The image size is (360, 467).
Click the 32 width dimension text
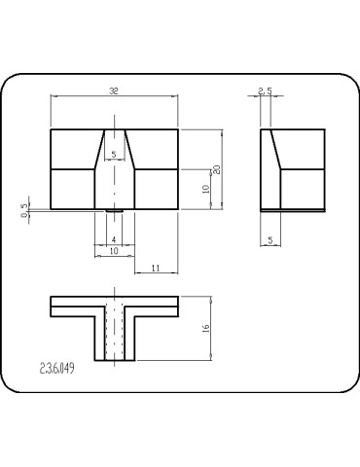(x=115, y=90)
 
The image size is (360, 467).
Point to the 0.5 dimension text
(x=25, y=209)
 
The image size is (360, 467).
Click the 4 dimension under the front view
(x=114, y=239)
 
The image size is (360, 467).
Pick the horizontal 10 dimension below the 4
(x=114, y=251)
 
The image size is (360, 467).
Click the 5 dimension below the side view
(x=270, y=239)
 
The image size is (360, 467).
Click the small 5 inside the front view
(x=114, y=155)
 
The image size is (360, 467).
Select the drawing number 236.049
(x=58, y=369)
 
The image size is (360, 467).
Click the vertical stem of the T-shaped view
(x=114, y=336)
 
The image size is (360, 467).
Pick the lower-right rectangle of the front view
(x=156, y=188)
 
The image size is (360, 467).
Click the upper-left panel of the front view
(x=74, y=148)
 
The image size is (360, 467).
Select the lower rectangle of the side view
(x=302, y=188)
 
